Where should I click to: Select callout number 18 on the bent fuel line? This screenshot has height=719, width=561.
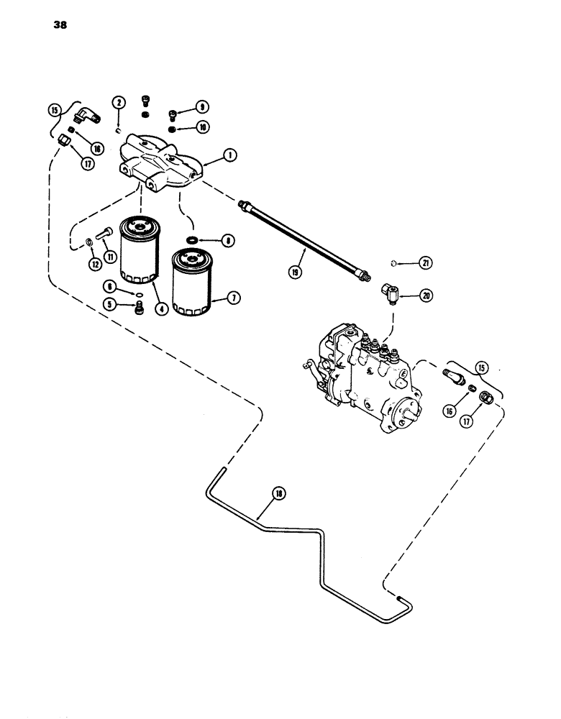pyautogui.click(x=278, y=493)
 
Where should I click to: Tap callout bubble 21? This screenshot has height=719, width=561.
pyautogui.click(x=427, y=264)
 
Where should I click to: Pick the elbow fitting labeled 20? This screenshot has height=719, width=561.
pyautogui.click(x=379, y=295)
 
